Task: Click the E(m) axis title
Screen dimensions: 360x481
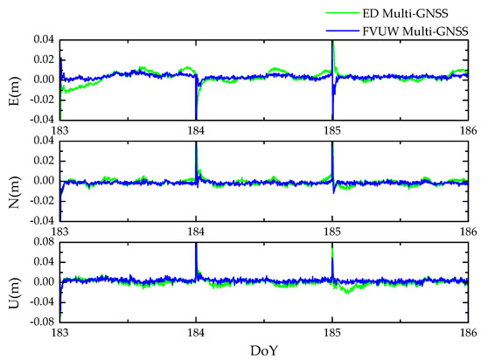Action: pos(11,79)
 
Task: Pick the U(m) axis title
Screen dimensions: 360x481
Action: pos(11,281)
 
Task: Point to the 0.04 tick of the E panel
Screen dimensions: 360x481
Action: pos(44,40)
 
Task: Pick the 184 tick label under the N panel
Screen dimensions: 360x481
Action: pos(196,231)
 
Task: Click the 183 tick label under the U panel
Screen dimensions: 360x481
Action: pos(61,332)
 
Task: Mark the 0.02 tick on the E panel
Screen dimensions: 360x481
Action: pos(44,59)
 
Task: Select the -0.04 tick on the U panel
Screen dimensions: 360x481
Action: pos(42,301)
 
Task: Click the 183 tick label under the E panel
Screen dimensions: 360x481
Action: pos(61,129)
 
